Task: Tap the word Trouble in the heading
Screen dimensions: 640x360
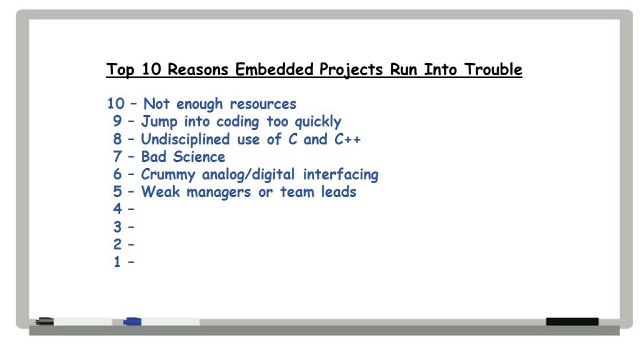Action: click(x=493, y=69)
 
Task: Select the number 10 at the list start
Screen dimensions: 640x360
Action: click(x=116, y=103)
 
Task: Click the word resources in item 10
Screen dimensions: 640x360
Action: click(x=263, y=104)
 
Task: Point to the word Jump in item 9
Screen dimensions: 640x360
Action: click(x=159, y=122)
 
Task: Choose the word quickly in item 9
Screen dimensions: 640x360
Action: click(x=317, y=122)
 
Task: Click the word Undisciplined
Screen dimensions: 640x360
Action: click(x=185, y=139)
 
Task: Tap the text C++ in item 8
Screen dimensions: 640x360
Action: click(x=347, y=139)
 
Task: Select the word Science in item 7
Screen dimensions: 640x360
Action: click(x=199, y=157)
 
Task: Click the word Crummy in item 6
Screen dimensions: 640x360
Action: click(x=168, y=175)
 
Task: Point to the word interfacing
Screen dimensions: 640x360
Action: click(x=341, y=175)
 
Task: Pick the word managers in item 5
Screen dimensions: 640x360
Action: click(x=218, y=192)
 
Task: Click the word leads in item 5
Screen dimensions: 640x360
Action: click(x=338, y=192)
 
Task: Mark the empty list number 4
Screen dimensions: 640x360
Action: click(x=117, y=209)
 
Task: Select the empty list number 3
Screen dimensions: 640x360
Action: click(x=117, y=227)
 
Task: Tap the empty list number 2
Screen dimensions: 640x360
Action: click(x=117, y=244)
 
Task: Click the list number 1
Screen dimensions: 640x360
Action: click(x=117, y=262)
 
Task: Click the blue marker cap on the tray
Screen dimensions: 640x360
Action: click(x=132, y=322)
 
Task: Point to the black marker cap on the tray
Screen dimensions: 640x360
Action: click(x=44, y=322)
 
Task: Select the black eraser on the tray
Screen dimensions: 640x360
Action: click(x=572, y=322)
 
